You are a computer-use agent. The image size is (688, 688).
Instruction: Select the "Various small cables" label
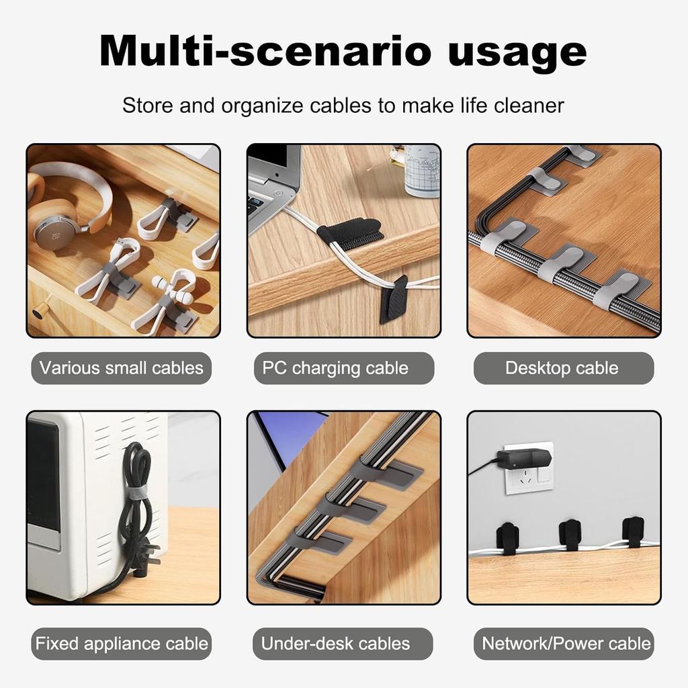coord(122,368)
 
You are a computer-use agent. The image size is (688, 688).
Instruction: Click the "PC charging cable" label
coord(335,368)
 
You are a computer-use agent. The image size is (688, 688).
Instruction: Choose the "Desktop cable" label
coord(562,368)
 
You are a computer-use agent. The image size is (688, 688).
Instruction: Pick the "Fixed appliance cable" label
coord(122,643)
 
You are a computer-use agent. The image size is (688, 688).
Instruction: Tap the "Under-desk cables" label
coord(335,643)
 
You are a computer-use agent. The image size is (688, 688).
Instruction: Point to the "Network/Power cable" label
coord(566,643)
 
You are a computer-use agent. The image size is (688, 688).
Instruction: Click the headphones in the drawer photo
coord(67,202)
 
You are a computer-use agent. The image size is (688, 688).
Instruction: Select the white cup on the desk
coord(421,171)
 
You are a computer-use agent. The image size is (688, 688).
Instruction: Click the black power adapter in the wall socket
coord(525,460)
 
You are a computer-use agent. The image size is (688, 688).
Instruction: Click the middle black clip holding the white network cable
coord(570,534)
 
